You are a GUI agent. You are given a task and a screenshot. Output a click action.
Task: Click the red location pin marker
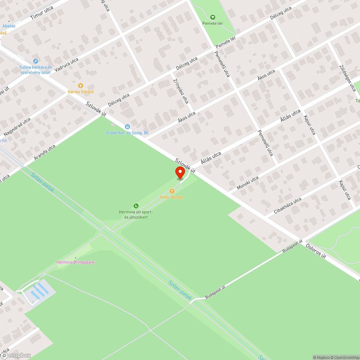[180, 173]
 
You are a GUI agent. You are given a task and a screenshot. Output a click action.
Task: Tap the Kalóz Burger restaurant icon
[172, 191]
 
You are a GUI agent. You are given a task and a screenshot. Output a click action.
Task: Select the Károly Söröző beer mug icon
[81, 86]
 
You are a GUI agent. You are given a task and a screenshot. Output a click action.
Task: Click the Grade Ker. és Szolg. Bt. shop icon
[127, 127]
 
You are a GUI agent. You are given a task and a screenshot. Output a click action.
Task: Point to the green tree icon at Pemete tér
[212, 17]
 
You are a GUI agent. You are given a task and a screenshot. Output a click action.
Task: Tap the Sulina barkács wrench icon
[35, 61]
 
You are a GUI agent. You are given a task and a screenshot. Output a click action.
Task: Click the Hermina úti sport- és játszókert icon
[136, 206]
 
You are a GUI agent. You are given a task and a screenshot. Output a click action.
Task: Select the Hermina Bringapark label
[75, 262]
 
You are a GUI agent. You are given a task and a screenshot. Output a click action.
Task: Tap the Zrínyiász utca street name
[181, 91]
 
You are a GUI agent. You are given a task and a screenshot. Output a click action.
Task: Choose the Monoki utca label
[248, 183]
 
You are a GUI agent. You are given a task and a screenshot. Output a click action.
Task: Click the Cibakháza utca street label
[287, 206]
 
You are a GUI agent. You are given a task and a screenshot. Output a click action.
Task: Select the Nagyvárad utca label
[17, 127]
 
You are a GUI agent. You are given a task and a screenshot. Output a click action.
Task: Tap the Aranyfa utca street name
[45, 153]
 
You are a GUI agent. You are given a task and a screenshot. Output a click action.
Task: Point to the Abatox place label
[9, 26]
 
